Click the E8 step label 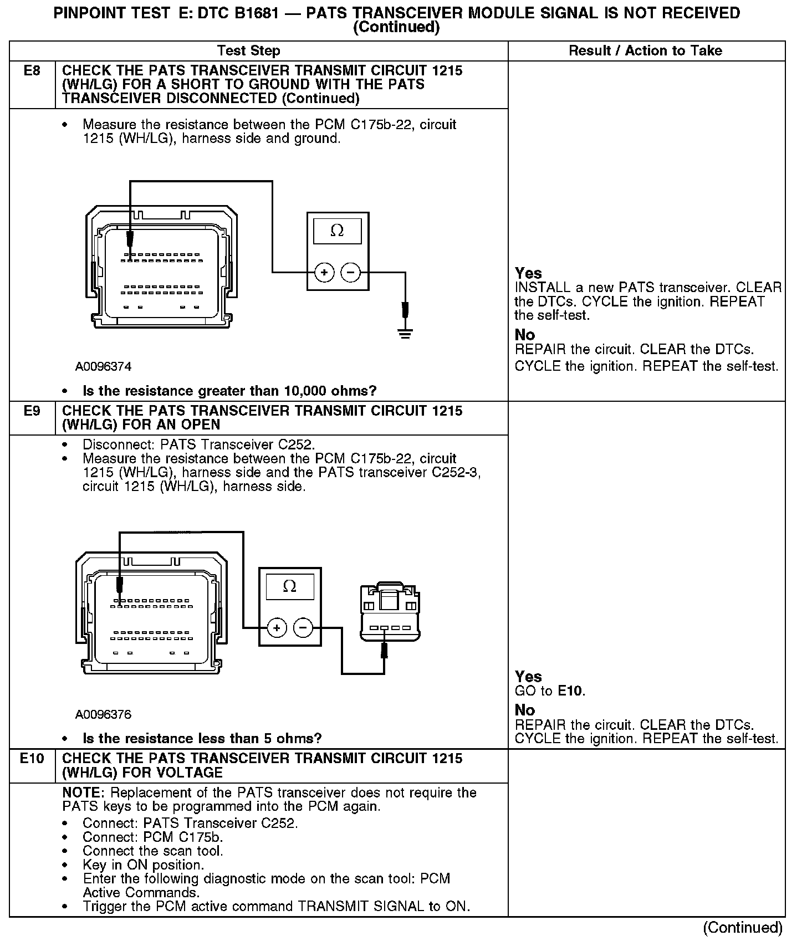[x=32, y=71]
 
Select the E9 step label [x=32, y=411]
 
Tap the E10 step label [x=32, y=759]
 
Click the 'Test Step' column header [x=249, y=51]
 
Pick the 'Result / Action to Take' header [x=646, y=51]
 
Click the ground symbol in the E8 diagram [x=406, y=334]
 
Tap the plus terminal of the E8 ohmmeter [x=324, y=273]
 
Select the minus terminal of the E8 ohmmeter [x=350, y=273]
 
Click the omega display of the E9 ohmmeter [x=289, y=586]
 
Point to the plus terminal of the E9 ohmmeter [x=277, y=628]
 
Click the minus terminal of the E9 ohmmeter [x=303, y=628]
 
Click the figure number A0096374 [x=104, y=367]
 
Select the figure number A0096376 [x=104, y=714]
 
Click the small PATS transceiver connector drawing [x=390, y=612]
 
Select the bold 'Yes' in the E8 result [x=528, y=273]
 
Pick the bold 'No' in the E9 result [x=525, y=710]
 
